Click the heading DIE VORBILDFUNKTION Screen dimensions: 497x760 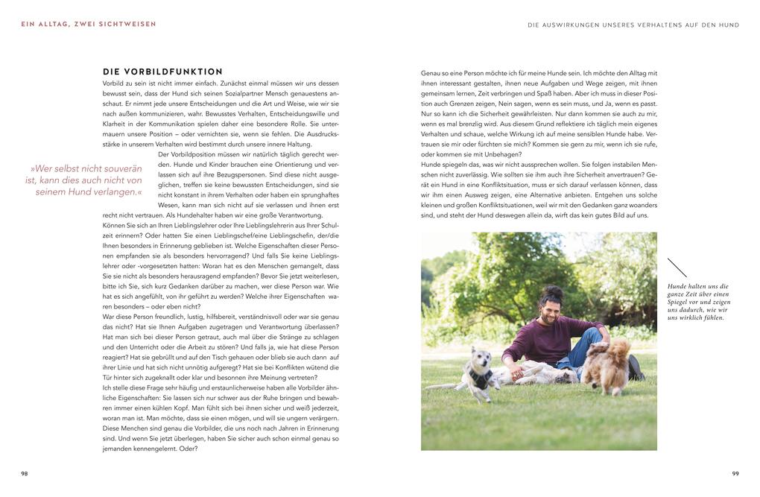point(162,72)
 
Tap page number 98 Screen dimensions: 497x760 point(24,472)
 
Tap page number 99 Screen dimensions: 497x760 point(735,472)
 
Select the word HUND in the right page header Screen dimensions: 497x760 point(730,25)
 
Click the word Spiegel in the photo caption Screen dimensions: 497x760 point(680,302)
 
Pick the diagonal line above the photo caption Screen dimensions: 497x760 point(677,268)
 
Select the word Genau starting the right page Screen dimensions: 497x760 point(431,73)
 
